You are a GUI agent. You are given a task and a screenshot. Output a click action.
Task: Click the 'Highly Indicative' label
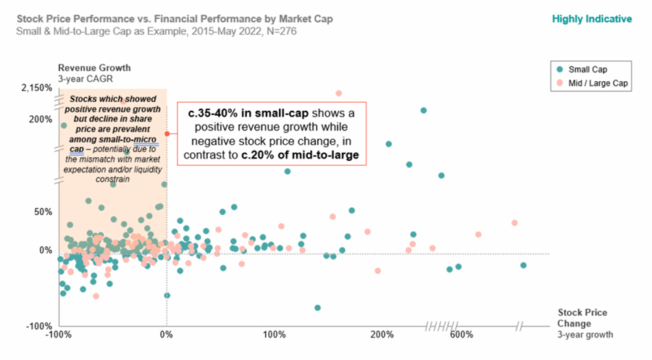pyautogui.click(x=592, y=19)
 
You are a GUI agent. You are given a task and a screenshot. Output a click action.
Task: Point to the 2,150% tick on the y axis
pyautogui.click(x=36, y=88)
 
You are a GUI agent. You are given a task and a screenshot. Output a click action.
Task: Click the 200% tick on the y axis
pyautogui.click(x=41, y=120)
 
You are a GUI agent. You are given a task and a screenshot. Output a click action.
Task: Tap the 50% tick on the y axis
pyautogui.click(x=43, y=212)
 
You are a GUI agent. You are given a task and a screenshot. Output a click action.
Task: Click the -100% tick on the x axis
pyautogui.click(x=57, y=335)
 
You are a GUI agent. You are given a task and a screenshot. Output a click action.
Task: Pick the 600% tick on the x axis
pyautogui.click(x=460, y=335)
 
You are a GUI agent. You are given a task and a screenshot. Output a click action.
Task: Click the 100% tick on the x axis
pyautogui.click(x=275, y=335)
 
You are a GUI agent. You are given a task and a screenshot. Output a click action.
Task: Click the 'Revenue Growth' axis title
pyautogui.click(x=89, y=68)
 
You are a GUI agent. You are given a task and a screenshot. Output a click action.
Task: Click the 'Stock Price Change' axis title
pyautogui.click(x=582, y=318)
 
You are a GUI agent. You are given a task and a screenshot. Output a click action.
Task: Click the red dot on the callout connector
pyautogui.click(x=167, y=133)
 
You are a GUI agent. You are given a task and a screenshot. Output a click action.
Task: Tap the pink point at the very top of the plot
pyautogui.click(x=338, y=93)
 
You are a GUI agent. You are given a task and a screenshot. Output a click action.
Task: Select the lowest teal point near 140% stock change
pyautogui.click(x=317, y=308)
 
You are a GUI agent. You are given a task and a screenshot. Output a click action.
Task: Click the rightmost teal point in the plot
pyautogui.click(x=523, y=265)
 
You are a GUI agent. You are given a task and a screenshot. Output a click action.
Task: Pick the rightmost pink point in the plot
pyautogui.click(x=514, y=223)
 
